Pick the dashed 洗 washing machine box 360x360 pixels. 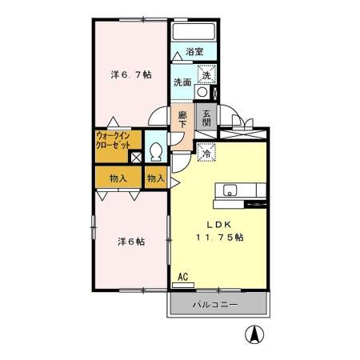click(x=206, y=75)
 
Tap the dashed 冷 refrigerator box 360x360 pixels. click(x=206, y=153)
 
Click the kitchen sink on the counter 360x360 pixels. click(x=230, y=190)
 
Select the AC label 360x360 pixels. click(x=182, y=277)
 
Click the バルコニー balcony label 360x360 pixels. click(x=216, y=305)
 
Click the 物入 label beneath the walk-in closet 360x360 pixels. click(x=117, y=178)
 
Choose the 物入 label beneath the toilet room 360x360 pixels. click(x=156, y=178)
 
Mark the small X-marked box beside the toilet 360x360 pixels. click(x=136, y=157)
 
